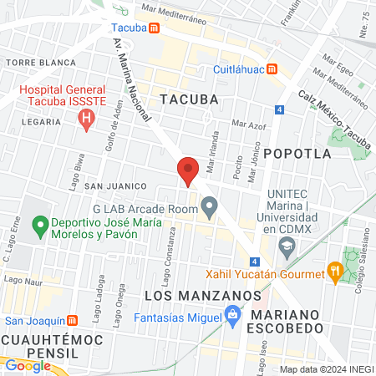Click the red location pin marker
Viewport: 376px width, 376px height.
pos(188,170)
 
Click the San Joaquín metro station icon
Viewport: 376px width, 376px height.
pos(73,320)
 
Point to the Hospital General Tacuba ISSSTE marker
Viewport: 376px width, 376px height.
pos(85,119)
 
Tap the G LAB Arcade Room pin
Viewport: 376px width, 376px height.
pos(210,205)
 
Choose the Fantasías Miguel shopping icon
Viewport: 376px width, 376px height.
pos(233,315)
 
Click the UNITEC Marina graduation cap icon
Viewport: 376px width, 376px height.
pos(287,246)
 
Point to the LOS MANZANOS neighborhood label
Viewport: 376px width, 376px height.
pos(203,296)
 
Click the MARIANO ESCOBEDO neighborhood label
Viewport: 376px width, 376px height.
pos(287,322)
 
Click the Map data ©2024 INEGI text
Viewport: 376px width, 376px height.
pos(324,369)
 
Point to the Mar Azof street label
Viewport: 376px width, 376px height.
pos(248,124)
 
